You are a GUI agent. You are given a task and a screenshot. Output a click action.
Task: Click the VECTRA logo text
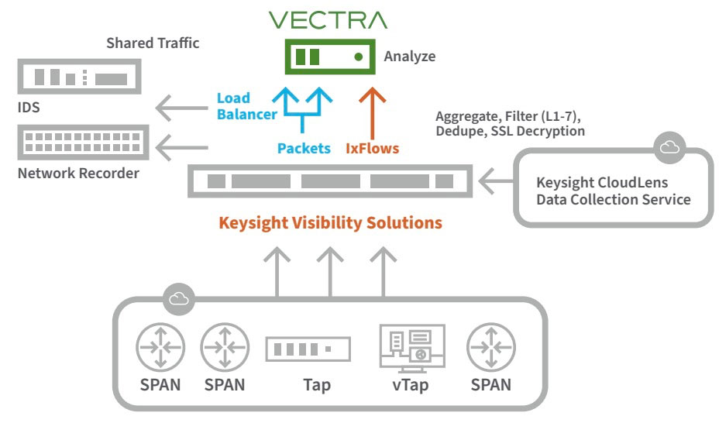click(328, 19)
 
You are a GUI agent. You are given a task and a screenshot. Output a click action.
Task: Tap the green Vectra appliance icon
click(329, 57)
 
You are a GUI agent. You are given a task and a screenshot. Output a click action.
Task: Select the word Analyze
click(409, 57)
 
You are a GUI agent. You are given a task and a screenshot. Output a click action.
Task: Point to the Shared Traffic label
click(153, 43)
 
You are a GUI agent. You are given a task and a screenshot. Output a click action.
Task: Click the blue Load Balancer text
click(246, 107)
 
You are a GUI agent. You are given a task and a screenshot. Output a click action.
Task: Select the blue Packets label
click(304, 148)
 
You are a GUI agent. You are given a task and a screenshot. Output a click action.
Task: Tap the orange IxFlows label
click(372, 148)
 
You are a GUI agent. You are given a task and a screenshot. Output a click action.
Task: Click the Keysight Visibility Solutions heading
click(330, 223)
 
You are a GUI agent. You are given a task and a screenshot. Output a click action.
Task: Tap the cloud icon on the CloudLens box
click(669, 146)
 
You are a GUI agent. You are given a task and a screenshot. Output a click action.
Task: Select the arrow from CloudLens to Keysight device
click(495, 182)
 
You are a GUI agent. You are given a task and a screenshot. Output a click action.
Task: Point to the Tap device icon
click(308, 349)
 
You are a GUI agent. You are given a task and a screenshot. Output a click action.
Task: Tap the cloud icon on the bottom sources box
click(179, 297)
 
